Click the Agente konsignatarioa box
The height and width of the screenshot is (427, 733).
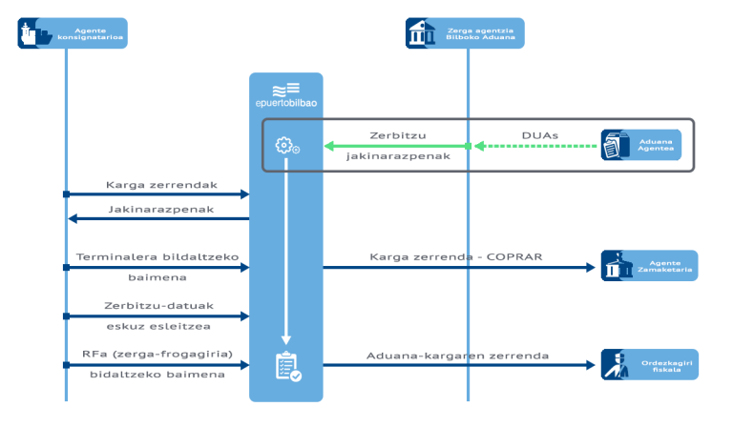click(72, 34)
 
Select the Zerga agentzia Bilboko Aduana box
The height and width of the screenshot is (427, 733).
click(465, 35)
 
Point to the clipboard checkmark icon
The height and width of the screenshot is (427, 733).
click(287, 366)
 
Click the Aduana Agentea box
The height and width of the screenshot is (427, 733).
click(641, 146)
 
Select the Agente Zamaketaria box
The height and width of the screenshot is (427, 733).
click(648, 267)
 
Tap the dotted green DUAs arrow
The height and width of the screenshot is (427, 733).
click(535, 146)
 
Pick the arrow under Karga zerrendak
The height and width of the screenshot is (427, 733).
click(157, 194)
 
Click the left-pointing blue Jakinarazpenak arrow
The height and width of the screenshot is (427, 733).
click(157, 218)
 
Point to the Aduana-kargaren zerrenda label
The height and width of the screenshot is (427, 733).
click(457, 356)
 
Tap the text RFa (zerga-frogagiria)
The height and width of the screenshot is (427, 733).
click(157, 356)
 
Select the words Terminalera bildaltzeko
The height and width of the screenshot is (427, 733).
click(157, 257)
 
